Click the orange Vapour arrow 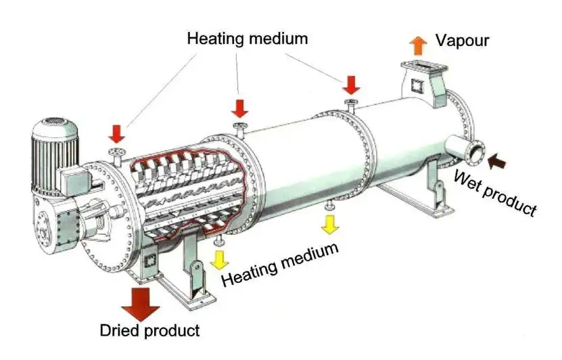(419, 45)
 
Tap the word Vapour (462, 41)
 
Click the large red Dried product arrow (141, 302)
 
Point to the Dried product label (150, 330)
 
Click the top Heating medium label (247, 38)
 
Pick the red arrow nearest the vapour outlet (350, 85)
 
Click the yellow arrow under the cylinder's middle (329, 224)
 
